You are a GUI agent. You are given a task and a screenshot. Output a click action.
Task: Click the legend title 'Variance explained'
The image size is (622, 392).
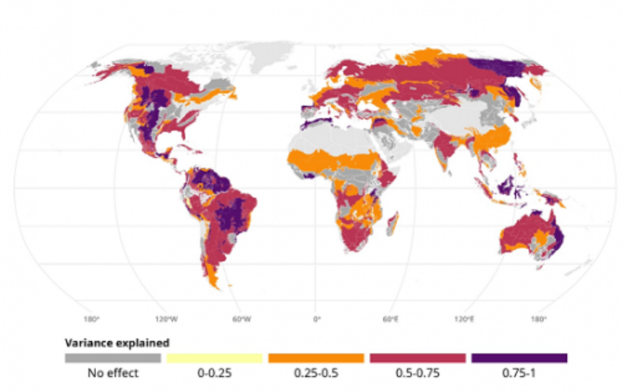(117, 342)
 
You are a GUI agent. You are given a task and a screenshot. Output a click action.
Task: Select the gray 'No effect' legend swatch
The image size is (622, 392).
(112, 358)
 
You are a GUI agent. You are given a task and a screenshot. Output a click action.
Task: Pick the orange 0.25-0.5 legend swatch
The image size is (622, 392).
(316, 358)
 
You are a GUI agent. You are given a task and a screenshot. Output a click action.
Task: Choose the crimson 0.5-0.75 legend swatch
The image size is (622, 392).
(418, 358)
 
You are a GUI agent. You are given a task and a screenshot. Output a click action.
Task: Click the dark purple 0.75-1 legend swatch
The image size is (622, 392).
(520, 358)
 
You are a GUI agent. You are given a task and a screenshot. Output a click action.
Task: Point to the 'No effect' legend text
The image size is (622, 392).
(112, 373)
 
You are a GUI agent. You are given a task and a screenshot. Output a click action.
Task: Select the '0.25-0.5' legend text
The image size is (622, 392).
(316, 373)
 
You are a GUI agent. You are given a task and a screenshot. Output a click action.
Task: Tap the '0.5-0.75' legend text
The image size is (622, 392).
(418, 373)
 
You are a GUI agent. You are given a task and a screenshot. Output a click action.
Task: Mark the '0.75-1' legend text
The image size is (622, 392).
(520, 373)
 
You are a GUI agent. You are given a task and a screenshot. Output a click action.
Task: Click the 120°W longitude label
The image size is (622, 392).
(166, 319)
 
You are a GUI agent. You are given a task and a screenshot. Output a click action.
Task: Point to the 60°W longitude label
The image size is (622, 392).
(242, 319)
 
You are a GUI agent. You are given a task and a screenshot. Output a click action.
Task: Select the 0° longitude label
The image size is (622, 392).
(317, 319)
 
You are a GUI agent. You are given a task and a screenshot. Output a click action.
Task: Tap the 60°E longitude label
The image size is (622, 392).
(391, 319)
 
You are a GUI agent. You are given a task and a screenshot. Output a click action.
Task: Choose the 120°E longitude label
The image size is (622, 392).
(465, 319)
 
